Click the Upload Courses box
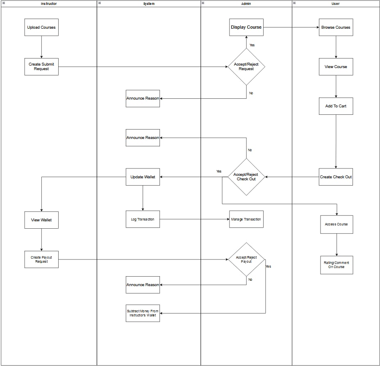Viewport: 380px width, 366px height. (41, 27)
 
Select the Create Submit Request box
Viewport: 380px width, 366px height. (41, 66)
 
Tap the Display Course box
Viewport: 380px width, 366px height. (246, 27)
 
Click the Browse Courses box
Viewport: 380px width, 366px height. (336, 27)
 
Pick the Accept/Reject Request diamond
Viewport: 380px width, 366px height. (246, 66)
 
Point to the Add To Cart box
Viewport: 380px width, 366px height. (336, 106)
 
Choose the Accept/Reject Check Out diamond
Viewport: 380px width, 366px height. (246, 177)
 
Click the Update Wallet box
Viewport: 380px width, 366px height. (143, 177)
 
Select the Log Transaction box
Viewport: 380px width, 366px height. (143, 219)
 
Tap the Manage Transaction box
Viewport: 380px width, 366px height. (246, 219)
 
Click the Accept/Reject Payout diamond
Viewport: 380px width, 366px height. (246, 259)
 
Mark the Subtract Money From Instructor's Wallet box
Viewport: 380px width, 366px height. (143, 313)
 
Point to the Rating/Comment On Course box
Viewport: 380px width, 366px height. (336, 265)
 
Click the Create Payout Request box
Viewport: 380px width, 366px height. (41, 259)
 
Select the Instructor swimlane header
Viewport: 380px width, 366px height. (49, 4)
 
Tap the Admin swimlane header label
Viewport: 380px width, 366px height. (246, 4)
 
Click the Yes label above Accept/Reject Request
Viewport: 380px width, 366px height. (252, 45)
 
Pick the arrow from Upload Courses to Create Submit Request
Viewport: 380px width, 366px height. (41, 47)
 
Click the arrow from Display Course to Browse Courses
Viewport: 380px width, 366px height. (291, 27)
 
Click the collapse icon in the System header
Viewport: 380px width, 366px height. (100, 3)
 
